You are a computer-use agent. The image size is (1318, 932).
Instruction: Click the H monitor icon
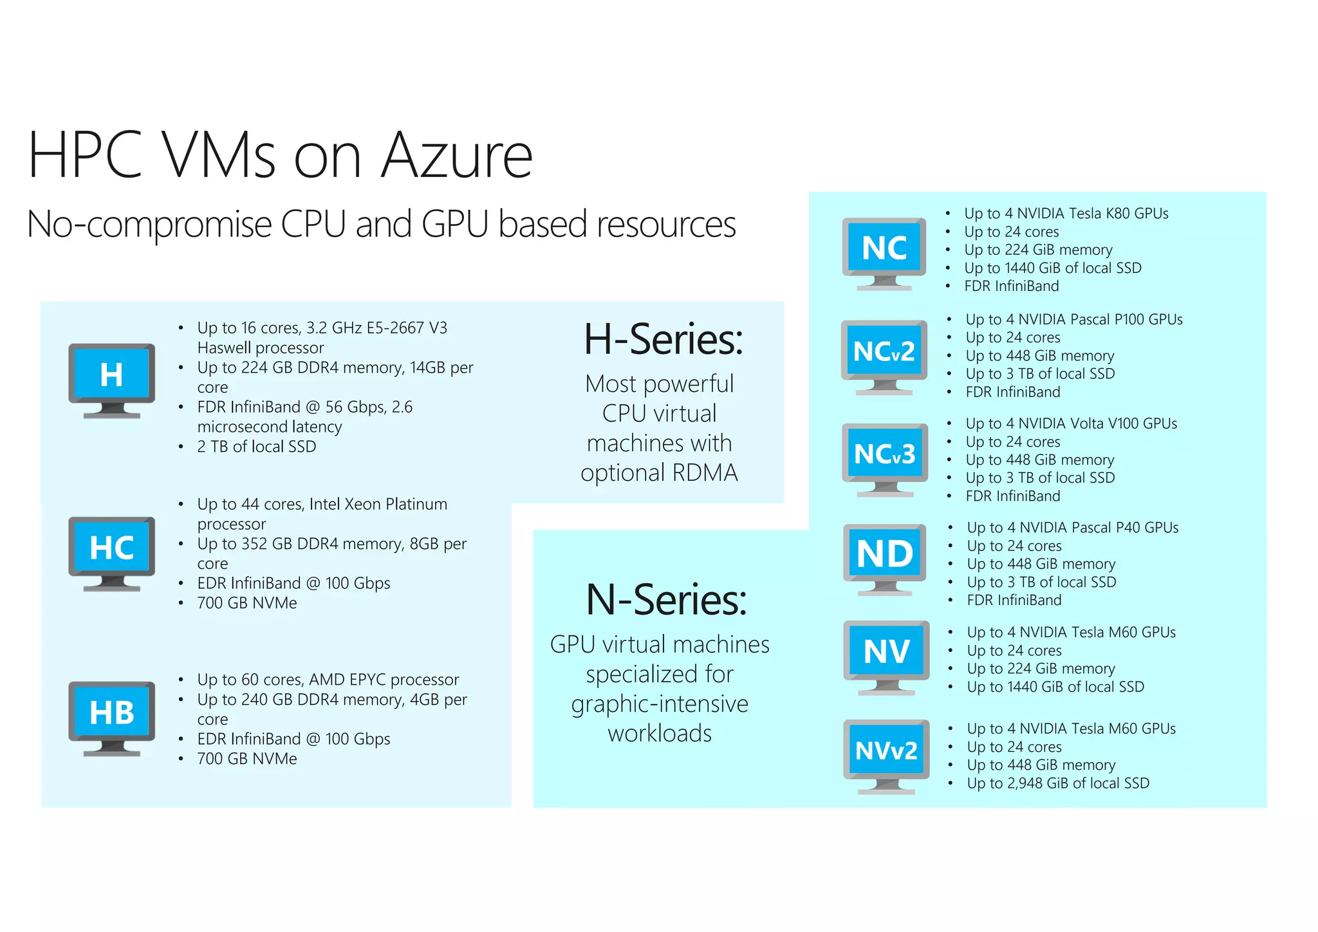pos(111,380)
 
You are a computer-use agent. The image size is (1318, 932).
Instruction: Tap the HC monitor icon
pos(111,552)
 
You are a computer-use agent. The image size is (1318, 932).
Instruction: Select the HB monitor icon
pos(111,717)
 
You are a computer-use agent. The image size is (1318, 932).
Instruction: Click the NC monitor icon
pos(884,252)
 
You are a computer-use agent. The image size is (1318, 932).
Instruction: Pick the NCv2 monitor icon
pos(884,356)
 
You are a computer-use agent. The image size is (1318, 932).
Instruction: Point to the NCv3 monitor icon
pos(885,458)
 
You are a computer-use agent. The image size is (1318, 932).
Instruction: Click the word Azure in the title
pos(456,156)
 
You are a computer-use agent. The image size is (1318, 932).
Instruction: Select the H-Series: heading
pos(663,339)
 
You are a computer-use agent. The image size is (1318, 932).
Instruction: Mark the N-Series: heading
pos(666,600)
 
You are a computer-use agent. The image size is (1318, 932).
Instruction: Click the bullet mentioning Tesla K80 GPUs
pos(1066,214)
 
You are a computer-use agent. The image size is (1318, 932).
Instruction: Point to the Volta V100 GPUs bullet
pos(1071,424)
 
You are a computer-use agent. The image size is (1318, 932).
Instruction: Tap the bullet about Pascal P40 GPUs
pos(1072,528)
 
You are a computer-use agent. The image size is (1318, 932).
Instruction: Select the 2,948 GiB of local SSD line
pos(1058,783)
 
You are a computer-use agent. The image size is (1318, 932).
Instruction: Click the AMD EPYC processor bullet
pos(328,680)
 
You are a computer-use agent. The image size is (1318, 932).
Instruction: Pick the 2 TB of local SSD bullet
pos(256,447)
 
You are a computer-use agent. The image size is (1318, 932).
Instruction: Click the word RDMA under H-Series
pos(704,473)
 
